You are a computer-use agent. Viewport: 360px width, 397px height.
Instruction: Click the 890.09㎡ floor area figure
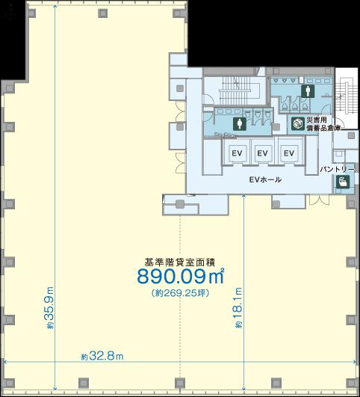pyautogui.click(x=181, y=276)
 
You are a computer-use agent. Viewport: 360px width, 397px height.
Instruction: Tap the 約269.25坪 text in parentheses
pyautogui.click(x=181, y=293)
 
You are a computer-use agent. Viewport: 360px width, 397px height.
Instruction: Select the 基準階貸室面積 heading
pyautogui.click(x=180, y=262)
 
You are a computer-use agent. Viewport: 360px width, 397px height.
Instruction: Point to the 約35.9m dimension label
pyautogui.click(x=49, y=307)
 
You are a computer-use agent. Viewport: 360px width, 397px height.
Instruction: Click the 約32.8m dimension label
pyautogui.click(x=102, y=356)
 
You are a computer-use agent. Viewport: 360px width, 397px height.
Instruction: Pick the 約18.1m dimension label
pyautogui.click(x=238, y=307)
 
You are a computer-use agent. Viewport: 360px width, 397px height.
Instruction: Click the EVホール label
pyautogui.click(x=265, y=179)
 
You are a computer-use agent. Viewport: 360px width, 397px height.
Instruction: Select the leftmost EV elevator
pyautogui.click(x=237, y=153)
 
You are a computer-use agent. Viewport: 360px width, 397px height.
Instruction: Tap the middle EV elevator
pyautogui.click(x=262, y=153)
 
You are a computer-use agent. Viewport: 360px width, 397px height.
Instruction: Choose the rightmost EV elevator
pyautogui.click(x=289, y=153)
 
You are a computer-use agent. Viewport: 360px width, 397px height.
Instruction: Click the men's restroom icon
pyautogui.click(x=308, y=91)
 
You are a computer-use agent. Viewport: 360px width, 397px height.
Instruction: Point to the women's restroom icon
pyautogui.click(x=239, y=124)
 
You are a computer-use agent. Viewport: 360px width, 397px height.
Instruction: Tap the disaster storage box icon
pyautogui.click(x=297, y=123)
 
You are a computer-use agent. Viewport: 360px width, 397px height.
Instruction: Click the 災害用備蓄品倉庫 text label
pyautogui.click(x=323, y=124)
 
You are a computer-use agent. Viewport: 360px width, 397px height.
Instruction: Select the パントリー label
pyautogui.click(x=338, y=169)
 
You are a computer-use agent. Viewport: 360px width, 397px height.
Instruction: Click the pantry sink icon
pyautogui.click(x=343, y=182)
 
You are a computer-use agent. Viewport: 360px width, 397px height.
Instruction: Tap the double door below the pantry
pyautogui.click(x=319, y=200)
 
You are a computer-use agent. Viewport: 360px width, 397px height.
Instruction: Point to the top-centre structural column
pyautogui.click(x=103, y=13)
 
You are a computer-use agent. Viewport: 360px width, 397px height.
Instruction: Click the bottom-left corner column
pyautogui.click(x=10, y=384)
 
